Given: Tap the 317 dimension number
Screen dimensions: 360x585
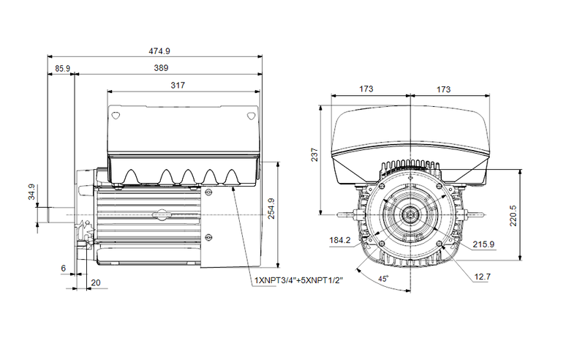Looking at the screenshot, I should tap(178, 86).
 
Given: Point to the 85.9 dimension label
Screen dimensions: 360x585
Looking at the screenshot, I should tap(62, 68).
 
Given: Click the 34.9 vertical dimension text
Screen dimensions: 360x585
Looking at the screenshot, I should tap(31, 192).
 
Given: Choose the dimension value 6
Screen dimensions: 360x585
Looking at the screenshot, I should tap(64, 269).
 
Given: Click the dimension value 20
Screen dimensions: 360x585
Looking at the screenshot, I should tap(95, 282).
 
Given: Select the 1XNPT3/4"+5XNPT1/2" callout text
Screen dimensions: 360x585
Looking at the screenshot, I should tap(298, 280).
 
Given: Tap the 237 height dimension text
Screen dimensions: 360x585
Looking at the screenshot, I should tap(314, 156).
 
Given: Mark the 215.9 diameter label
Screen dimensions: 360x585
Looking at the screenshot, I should tap(483, 244).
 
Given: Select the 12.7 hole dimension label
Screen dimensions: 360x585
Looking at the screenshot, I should tap(483, 277).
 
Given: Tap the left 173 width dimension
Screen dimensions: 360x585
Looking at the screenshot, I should tap(367, 89).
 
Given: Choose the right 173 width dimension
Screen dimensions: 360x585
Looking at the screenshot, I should tap(443, 89).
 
